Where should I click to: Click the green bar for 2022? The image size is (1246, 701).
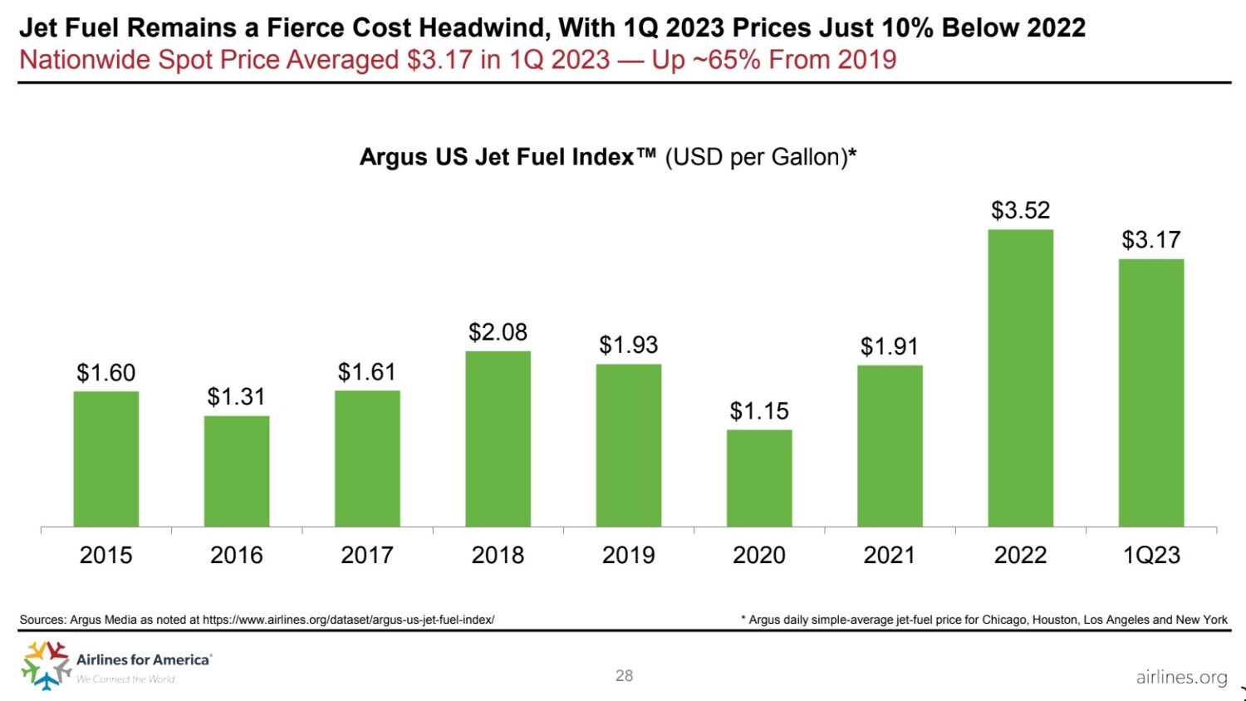point(1020,378)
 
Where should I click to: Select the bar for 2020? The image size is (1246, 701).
point(758,478)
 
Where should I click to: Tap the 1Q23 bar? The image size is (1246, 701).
point(1150,393)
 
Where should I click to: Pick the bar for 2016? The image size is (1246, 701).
point(237,471)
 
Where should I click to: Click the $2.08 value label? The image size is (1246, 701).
point(498,332)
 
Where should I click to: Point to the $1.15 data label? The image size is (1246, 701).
point(758,411)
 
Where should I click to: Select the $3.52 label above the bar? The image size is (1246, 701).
point(1020,210)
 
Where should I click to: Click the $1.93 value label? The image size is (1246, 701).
point(628,345)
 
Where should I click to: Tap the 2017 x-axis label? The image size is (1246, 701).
point(367,555)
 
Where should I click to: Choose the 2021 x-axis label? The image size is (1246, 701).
point(889,555)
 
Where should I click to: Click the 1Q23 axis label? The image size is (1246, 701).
point(1150,555)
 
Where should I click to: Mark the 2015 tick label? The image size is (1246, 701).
point(105,555)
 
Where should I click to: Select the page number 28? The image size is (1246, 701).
point(624,675)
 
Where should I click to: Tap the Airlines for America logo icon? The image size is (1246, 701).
point(46,664)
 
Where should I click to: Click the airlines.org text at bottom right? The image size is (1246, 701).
point(1181,677)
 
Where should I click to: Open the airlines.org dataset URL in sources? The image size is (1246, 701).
point(348,620)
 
